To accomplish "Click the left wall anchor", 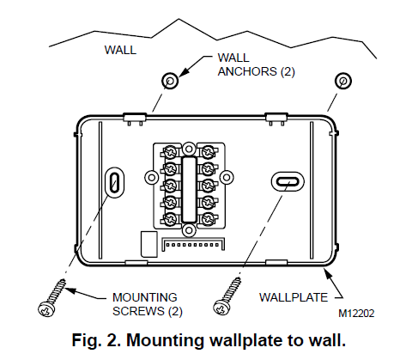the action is [x=170, y=81].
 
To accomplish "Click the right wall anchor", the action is [x=342, y=81].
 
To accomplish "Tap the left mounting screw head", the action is [x=45, y=309].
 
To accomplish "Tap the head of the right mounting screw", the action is [x=221, y=308].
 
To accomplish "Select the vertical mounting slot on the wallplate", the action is [x=115, y=182].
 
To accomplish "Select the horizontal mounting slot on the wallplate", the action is [x=288, y=181].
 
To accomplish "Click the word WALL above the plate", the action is [x=120, y=50].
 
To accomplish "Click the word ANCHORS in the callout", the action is [x=247, y=71].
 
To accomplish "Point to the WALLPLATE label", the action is [x=294, y=297].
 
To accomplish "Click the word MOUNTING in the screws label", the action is [x=145, y=297].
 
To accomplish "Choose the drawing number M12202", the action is [x=356, y=314].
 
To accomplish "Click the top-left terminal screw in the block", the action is [x=171, y=152].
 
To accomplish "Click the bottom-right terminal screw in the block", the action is [x=208, y=219].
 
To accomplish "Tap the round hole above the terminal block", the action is [x=189, y=149].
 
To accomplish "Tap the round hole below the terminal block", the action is [x=189, y=230].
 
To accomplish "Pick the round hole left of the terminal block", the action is [x=152, y=178].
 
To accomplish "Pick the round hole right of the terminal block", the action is [x=227, y=177].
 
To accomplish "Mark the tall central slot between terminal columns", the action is [x=189, y=189].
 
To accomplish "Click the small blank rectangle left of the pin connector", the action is [x=148, y=244].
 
